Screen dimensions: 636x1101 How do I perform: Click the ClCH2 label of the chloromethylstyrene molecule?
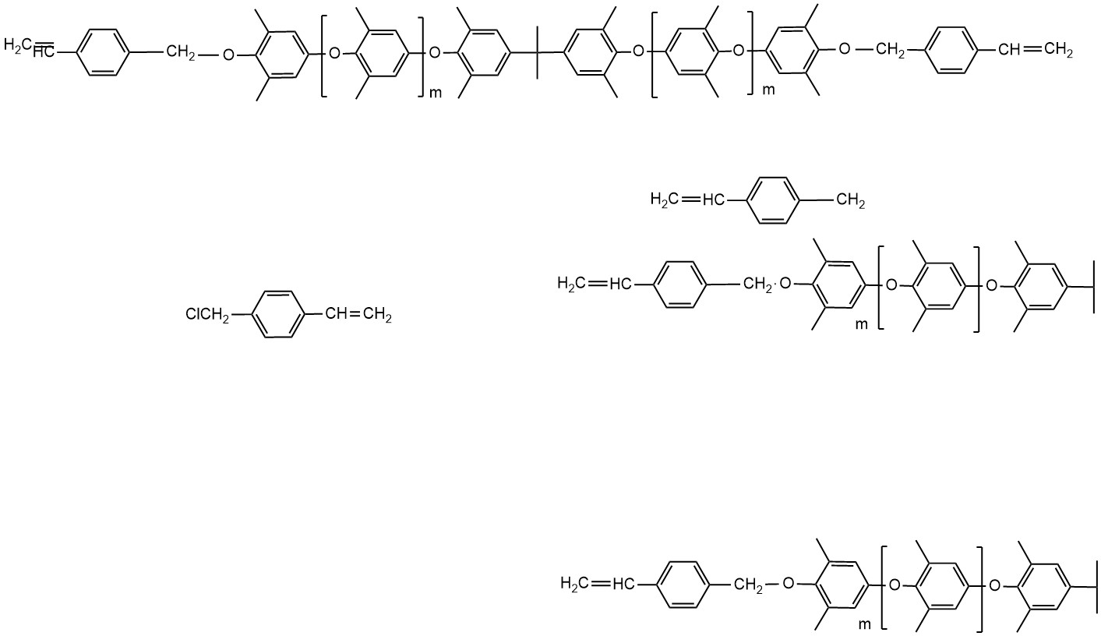click(207, 315)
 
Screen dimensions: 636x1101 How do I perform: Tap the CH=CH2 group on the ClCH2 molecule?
click(358, 315)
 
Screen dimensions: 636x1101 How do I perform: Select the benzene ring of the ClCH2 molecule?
click(277, 315)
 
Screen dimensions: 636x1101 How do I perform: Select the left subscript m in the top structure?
click(436, 94)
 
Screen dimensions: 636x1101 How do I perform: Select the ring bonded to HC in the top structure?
click(101, 52)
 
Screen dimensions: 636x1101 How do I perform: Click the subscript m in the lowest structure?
click(863, 624)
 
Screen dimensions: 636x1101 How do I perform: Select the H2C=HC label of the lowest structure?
click(596, 583)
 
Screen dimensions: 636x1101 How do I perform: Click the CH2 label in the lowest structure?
click(749, 585)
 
